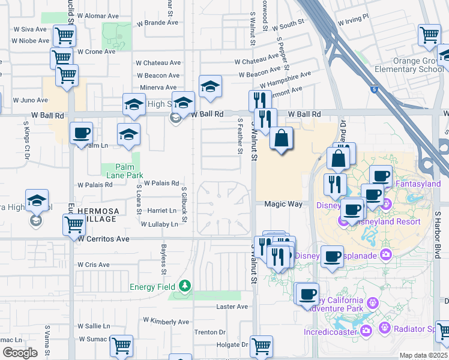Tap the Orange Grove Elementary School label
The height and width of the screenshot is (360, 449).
[418, 65]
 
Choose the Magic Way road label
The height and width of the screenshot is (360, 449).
[283, 204]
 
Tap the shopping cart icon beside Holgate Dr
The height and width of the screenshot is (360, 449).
[262, 345]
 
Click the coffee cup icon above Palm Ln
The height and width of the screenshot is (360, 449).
[81, 133]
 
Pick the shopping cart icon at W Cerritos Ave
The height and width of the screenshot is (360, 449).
[74, 224]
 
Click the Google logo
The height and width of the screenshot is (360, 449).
[20, 353]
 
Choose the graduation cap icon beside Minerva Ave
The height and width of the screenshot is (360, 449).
[210, 87]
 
